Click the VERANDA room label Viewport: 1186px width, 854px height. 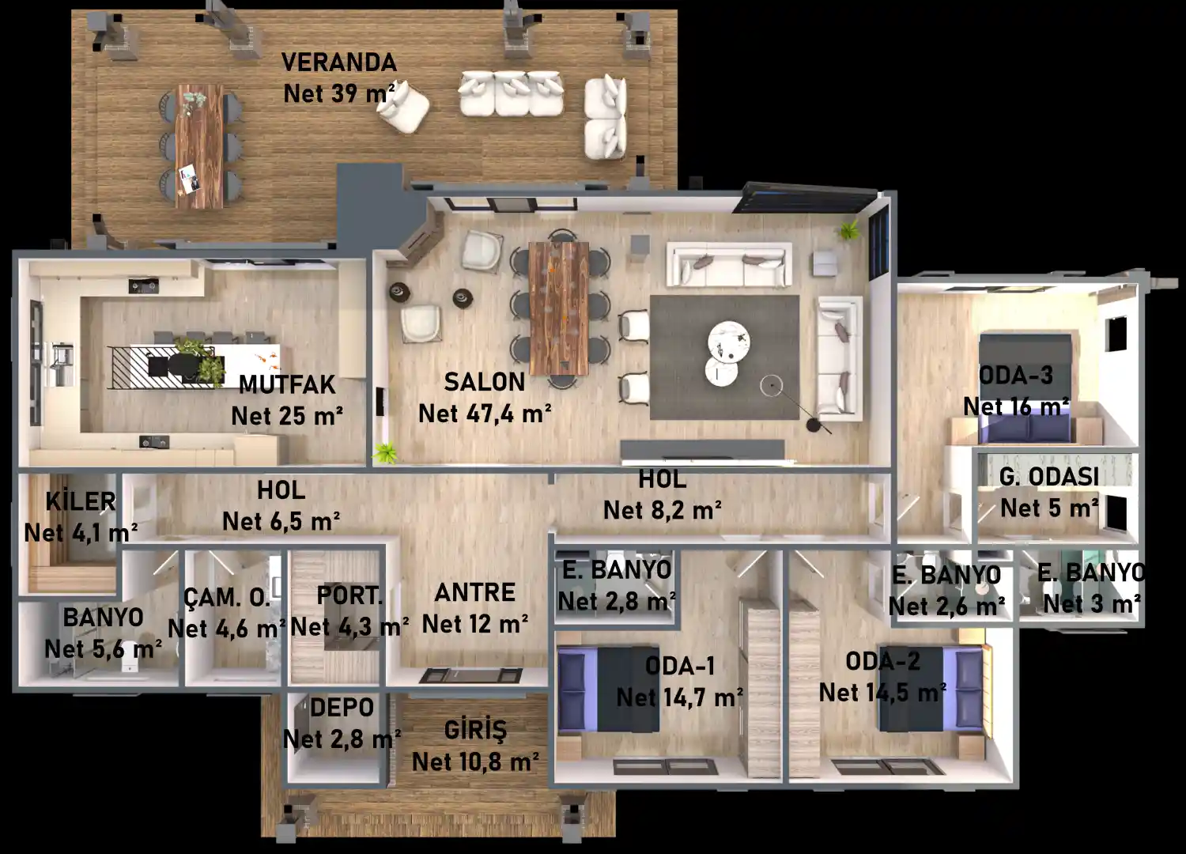339,62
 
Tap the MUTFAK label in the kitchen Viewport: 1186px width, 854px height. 287,385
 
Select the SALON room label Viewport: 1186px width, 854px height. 485,382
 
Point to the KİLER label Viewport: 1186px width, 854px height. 81,501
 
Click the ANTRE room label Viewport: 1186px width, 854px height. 475,592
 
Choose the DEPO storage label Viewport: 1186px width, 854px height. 342,708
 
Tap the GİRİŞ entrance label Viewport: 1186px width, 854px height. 475,730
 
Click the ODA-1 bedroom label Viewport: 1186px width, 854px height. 680,666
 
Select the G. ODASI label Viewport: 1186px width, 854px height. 1049,477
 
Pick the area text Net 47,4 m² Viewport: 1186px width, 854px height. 485,414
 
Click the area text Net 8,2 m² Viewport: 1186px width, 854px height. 663,510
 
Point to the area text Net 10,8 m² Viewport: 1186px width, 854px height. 475,761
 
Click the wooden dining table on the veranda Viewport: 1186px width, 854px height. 199,146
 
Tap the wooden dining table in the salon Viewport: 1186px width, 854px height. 559,308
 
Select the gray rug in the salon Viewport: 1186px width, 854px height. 724,357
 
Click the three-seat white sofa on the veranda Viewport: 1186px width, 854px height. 511,94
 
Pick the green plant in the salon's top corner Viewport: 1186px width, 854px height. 849,230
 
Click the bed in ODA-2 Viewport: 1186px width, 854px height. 931,688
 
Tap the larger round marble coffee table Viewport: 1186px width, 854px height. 729,339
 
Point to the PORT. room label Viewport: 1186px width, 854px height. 349,595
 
